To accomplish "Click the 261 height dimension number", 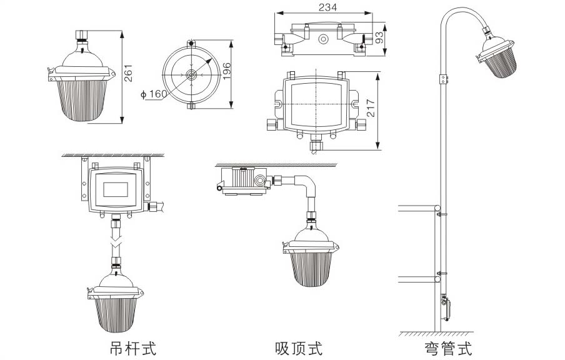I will pos(129,74).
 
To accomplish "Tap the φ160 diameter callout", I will pos(153,94).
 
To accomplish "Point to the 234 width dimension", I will pos(327,7).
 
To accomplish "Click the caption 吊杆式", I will pos(132,347).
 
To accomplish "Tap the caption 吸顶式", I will pos(298,347).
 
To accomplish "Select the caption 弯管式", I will pos(447,347).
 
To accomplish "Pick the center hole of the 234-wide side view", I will pos(323,39).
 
